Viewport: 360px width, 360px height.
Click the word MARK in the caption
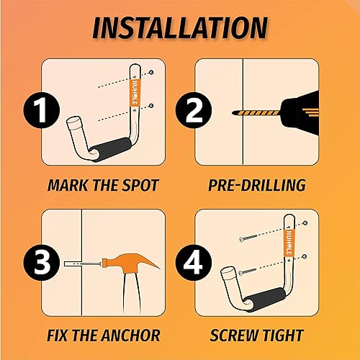coord(64,185)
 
